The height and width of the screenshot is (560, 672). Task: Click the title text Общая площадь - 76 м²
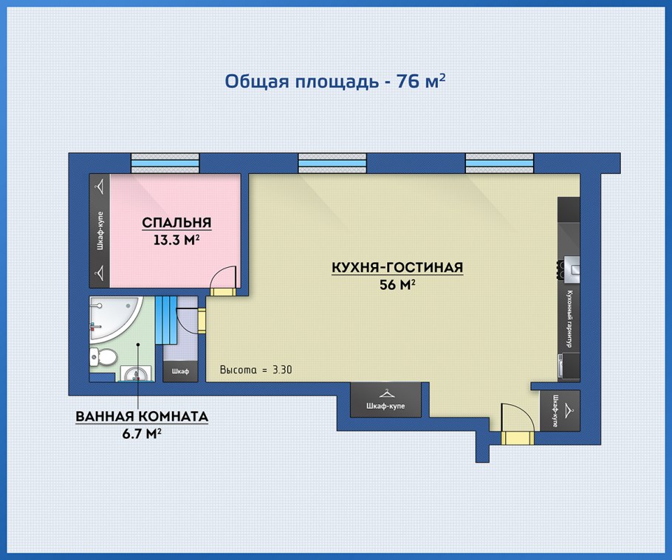(x=335, y=81)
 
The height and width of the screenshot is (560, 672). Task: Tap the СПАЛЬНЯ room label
(x=176, y=223)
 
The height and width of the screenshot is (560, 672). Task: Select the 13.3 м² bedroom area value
(x=176, y=240)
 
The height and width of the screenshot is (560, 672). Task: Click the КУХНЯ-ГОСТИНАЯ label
(x=397, y=267)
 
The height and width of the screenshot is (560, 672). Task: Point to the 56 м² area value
(x=397, y=284)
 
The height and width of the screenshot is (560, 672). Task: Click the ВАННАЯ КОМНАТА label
(x=142, y=416)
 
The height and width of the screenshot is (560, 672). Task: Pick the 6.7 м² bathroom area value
(x=142, y=434)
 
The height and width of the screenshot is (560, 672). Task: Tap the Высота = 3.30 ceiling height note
(x=256, y=370)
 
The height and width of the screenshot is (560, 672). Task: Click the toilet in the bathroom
(x=103, y=356)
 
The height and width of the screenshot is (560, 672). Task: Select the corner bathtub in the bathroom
(x=114, y=317)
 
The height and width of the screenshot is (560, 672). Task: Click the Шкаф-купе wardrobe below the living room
(x=385, y=400)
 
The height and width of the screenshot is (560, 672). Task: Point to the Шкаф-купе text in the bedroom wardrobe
(x=100, y=230)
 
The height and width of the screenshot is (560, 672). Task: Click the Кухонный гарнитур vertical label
(x=569, y=319)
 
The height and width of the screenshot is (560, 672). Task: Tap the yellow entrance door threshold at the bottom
(x=517, y=438)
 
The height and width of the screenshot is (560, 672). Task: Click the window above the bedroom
(x=165, y=163)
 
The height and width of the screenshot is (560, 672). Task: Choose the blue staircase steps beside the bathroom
(x=166, y=320)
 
